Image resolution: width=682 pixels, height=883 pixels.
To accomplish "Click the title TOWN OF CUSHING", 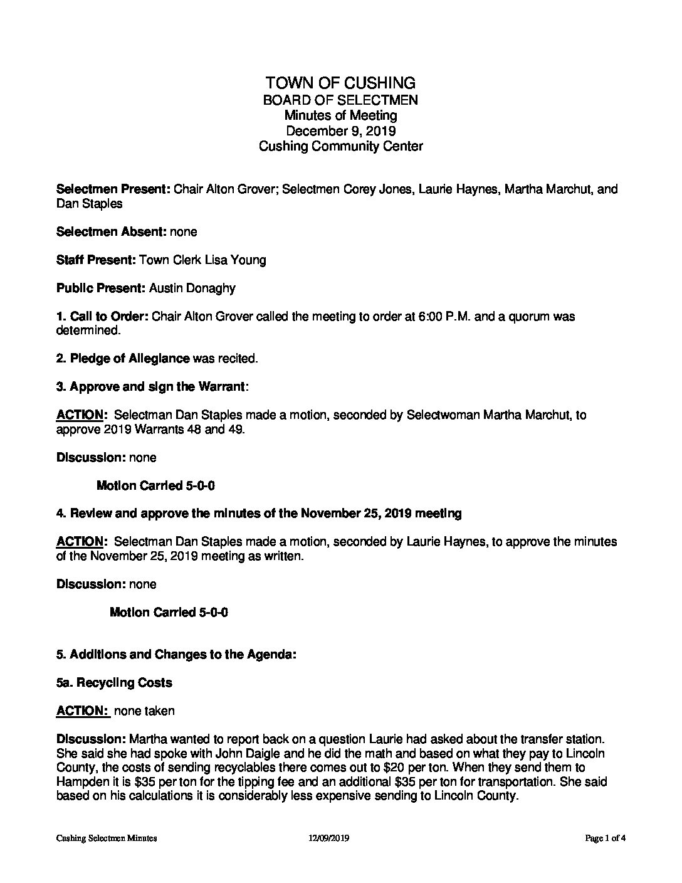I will (340, 83).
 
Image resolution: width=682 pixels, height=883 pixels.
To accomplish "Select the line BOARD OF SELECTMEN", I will (340, 100).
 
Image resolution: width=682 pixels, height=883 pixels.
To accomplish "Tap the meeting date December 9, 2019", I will (340, 131).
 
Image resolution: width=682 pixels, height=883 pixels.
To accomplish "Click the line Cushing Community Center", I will (340, 147).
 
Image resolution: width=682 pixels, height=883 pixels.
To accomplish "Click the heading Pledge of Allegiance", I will (130, 359).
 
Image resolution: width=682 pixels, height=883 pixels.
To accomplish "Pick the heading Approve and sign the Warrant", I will (157, 387).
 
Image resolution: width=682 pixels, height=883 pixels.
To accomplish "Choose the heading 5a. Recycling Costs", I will (114, 682).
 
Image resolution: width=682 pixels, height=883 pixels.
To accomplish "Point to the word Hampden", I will (79, 782).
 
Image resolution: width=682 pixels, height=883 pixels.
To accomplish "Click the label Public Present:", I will (101, 288).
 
